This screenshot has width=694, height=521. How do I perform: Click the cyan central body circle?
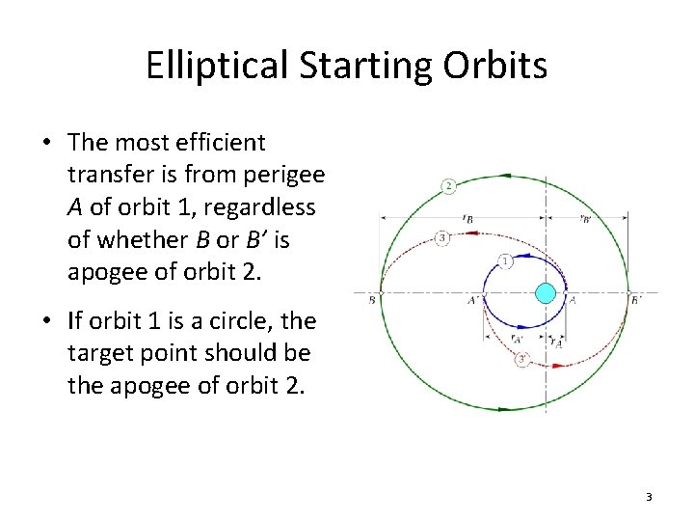(x=547, y=292)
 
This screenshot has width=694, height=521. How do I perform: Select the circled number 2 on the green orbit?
(x=448, y=185)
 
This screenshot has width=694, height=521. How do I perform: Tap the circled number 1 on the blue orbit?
(x=506, y=260)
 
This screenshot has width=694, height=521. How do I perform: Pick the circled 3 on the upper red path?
(x=442, y=237)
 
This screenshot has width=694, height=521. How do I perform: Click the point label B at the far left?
(x=372, y=300)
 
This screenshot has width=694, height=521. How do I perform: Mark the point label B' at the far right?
(x=636, y=300)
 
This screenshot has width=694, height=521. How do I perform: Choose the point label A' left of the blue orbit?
(x=473, y=300)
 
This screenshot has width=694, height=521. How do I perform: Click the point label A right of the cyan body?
(x=573, y=300)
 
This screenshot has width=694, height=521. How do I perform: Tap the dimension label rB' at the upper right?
(x=587, y=219)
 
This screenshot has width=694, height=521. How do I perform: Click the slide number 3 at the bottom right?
(x=649, y=497)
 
